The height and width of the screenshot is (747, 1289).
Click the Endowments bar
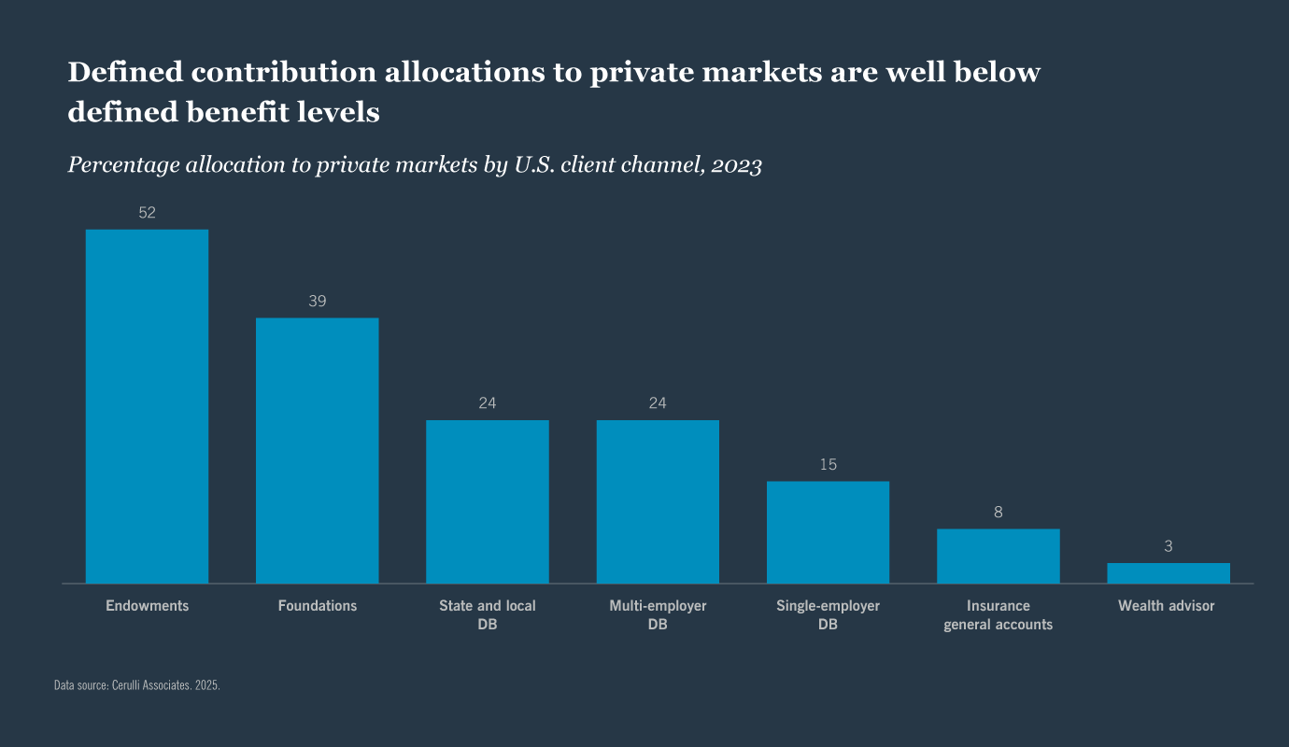coord(147,406)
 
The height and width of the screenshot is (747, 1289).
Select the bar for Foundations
coord(317,451)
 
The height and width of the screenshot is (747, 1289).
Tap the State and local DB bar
coord(488,501)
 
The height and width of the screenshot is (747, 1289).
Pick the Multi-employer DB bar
coord(658,501)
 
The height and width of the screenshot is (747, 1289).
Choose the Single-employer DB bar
coord(828,532)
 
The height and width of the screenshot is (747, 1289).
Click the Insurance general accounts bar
coord(998,557)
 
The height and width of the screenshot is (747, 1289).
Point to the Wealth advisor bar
coord(1168,573)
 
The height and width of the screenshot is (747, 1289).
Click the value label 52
coord(147,213)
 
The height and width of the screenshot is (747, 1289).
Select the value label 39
coord(317,302)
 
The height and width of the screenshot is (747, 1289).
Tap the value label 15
coord(828,464)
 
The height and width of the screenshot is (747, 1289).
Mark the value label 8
coord(998,513)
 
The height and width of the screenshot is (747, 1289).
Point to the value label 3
coord(1168,546)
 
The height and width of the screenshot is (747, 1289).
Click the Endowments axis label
coord(147,606)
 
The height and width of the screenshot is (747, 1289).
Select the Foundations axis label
coord(317,606)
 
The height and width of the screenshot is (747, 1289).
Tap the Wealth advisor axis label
coord(1166,606)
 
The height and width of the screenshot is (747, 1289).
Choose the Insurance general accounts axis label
coord(998,615)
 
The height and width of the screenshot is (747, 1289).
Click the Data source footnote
coord(137,685)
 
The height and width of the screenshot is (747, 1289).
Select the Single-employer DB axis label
coord(828,615)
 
